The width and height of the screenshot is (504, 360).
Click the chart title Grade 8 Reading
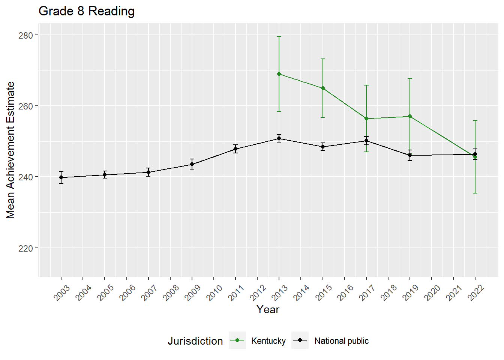pos(87,11)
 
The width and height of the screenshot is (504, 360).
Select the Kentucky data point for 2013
pos(279,74)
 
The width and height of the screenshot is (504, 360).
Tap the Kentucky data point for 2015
pos(323,88)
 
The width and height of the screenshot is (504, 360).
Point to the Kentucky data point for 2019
pos(410,116)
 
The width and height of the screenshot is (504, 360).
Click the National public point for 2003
pos(61,177)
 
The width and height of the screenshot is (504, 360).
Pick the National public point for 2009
pos(192,164)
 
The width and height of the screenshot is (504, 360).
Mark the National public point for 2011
pos(235,149)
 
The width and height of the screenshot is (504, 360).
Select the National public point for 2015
pos(323,147)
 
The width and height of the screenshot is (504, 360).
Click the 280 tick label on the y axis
pos(25,35)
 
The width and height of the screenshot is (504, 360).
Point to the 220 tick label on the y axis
pos(25,248)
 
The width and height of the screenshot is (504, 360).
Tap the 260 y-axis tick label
pos(25,106)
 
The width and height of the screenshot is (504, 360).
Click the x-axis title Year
pos(268,309)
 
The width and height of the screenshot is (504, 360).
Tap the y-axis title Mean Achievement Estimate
pos(10,150)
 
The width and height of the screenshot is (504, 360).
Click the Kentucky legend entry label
pos(268,341)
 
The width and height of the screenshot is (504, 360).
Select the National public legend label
pos(341,341)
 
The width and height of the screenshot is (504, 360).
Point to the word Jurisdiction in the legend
pos(195,341)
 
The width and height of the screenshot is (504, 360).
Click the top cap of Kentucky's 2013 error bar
pos(279,36)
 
